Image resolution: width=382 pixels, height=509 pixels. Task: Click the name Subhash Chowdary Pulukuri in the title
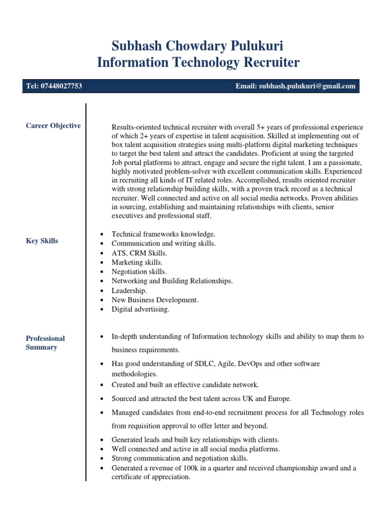coord(197,46)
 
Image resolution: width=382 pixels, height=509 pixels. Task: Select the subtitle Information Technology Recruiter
coord(197,63)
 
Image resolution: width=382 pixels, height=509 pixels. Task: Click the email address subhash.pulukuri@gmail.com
coord(307,86)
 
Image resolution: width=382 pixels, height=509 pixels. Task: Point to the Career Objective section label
coord(53,126)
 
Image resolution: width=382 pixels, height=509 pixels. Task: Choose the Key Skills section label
coord(42,241)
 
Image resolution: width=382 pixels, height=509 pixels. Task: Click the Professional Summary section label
coord(45,342)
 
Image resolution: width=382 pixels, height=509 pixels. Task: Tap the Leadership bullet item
coord(129,290)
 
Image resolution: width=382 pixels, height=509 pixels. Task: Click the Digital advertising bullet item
coord(140,309)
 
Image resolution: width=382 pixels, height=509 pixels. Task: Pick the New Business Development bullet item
coord(155,300)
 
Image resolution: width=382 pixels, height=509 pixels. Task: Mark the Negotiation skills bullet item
coord(139,272)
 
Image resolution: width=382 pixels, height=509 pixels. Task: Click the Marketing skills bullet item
coord(137,262)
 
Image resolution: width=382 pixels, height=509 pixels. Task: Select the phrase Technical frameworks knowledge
coord(163,234)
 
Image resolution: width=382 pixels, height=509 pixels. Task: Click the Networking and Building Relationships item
coord(172,281)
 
